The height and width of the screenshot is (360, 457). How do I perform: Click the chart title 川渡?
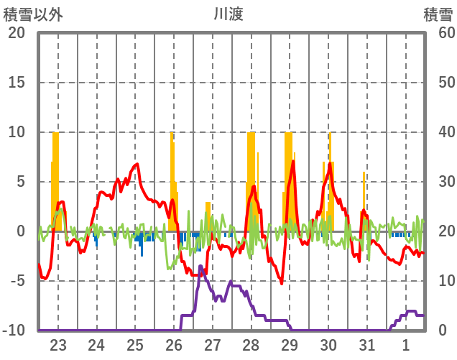[228, 14]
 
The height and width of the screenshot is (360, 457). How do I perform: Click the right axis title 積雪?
[437, 14]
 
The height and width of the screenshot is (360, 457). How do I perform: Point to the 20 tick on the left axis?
[17, 33]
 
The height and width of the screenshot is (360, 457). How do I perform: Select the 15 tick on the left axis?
[17, 83]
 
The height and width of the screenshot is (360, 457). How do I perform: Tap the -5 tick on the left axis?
[17, 281]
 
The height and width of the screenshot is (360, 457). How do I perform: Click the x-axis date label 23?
[58, 345]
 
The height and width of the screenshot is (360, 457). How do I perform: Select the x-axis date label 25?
[135, 345]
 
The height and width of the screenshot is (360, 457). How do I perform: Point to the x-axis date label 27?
[213, 345]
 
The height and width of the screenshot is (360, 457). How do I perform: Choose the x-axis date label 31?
[367, 345]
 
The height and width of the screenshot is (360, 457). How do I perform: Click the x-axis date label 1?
[406, 345]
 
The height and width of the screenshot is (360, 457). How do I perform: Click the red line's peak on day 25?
[137, 165]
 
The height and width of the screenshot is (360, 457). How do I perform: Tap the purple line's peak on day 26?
[200, 267]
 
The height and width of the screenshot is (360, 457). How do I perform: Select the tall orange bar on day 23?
[55, 180]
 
